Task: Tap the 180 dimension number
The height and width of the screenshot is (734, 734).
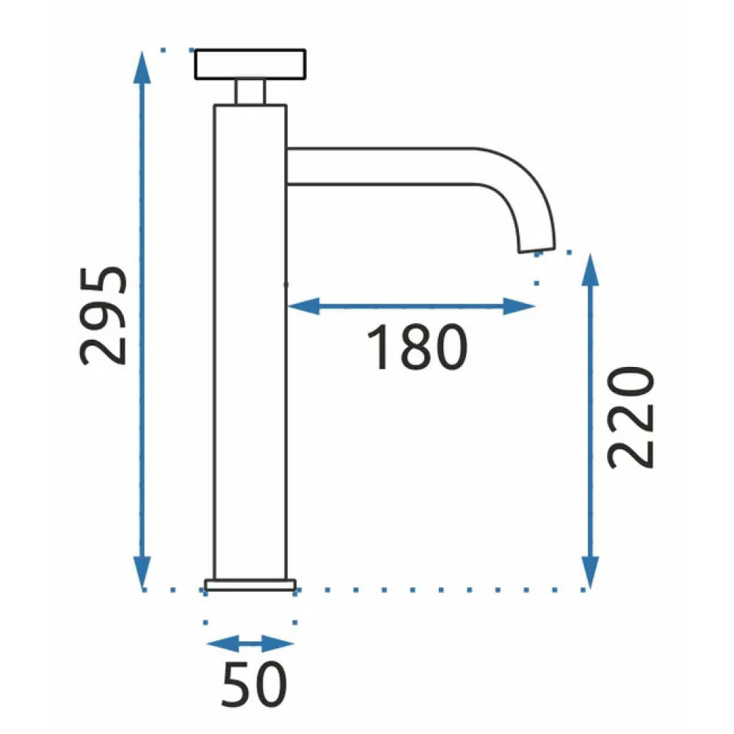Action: tap(417, 347)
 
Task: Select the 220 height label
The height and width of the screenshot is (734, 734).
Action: tap(630, 418)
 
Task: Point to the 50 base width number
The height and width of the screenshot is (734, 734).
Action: tap(254, 684)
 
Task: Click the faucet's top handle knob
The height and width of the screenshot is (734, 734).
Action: tap(250, 64)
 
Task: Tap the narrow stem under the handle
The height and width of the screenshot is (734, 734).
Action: tap(250, 92)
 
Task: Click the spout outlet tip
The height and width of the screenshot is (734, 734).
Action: tap(537, 249)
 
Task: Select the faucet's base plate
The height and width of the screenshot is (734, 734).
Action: tap(250, 585)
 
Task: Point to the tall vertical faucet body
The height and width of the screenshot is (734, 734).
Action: tap(250, 342)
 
